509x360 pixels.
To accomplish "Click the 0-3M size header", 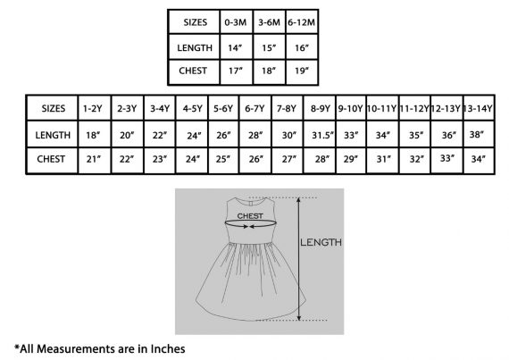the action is tap(236, 22).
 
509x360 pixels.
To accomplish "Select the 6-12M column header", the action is tap(301, 22).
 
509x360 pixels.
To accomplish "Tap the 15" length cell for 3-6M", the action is tap(269, 47).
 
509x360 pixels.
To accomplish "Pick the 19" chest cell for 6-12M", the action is tap(302, 71).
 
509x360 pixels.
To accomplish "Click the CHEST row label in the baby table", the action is tap(193, 71).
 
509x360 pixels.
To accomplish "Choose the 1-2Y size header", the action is tap(93, 108).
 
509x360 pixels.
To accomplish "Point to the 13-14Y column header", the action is tap(478, 108).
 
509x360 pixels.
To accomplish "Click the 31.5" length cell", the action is tap(322, 135).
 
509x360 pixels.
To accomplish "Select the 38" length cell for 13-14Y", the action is tap(477, 134).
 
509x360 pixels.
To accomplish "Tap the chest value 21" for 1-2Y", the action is tap(94, 159).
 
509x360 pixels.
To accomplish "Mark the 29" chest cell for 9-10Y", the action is tap(351, 159).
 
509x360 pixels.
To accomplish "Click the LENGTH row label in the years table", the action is tap(53, 135).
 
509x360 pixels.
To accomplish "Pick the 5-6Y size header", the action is tap(223, 108).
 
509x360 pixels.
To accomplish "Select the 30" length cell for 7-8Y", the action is tap(289, 135).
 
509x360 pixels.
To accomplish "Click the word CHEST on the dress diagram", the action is tap(250, 216).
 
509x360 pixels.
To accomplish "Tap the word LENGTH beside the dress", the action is tap(321, 242).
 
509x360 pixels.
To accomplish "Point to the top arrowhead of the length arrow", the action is tap(299, 200).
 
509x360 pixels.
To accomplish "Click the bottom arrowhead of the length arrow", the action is tap(299, 317).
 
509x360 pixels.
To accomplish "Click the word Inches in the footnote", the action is tap(168, 348).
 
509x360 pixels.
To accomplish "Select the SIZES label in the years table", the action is tap(54, 108).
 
